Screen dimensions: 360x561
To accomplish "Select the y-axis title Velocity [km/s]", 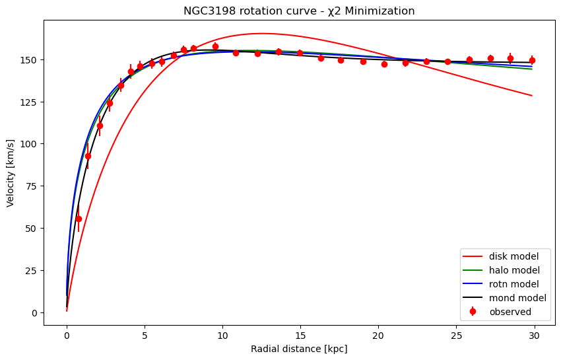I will [x=11, y=172].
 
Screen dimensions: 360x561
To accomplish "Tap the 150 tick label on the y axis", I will [x=30, y=59].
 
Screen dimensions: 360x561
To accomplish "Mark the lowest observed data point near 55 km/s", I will [x=79, y=219].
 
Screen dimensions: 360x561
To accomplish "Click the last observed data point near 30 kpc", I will [x=532, y=60].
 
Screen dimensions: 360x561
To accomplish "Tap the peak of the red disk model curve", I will [x=262, y=34].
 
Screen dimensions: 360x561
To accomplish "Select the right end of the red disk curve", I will [x=532, y=96].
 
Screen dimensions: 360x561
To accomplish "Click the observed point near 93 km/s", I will [x=88, y=156].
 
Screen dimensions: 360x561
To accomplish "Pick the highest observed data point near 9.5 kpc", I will [x=215, y=46].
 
